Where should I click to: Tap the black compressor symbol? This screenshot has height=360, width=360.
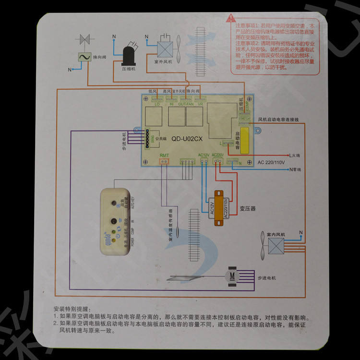coord(129,54)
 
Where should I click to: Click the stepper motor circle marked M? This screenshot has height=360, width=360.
coord(232,276)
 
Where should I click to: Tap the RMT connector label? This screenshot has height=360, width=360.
coord(164,155)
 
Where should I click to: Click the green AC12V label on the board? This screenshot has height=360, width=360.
coord(204,155)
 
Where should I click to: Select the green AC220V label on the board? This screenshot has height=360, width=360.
coord(218,155)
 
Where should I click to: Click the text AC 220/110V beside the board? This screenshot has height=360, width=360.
coord(272,162)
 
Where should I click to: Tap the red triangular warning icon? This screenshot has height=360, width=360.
coord(228,21)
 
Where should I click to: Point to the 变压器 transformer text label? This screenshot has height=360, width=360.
coord(247,209)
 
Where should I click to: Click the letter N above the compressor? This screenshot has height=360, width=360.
coord(114,37)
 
